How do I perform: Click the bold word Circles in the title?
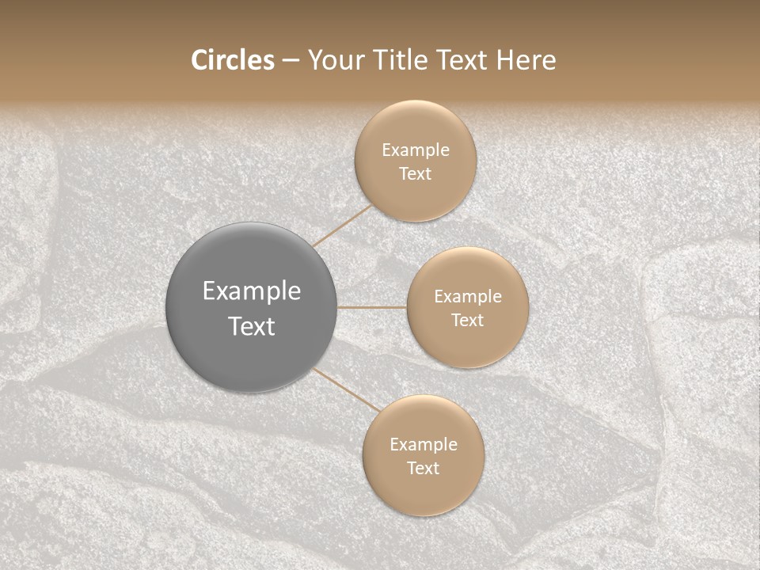pyautogui.click(x=233, y=60)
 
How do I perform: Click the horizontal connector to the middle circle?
pyautogui.click(x=371, y=307)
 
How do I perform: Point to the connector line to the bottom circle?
pyautogui.click(x=346, y=389)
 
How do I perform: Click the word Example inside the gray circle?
pyautogui.click(x=251, y=291)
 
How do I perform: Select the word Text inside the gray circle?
pyautogui.click(x=251, y=326)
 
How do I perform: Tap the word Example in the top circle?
pyautogui.click(x=415, y=150)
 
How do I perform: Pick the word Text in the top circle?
pyautogui.click(x=415, y=174)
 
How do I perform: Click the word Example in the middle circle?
pyautogui.click(x=467, y=297)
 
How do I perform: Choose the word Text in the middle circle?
pyautogui.click(x=467, y=321)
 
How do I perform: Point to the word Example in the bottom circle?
pyautogui.click(x=423, y=445)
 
